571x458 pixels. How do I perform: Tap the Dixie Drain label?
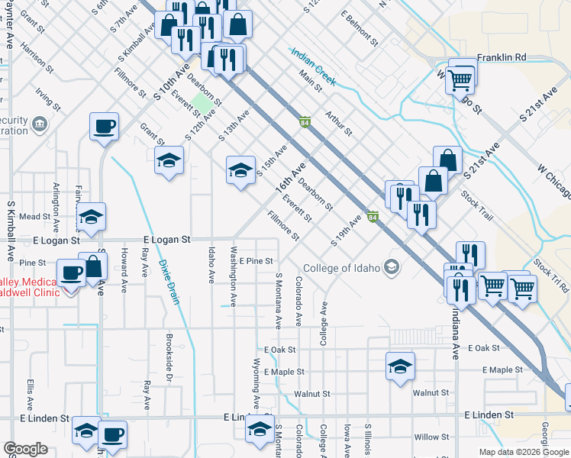tap(169, 282)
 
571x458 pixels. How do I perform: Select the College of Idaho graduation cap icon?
tap(392, 266)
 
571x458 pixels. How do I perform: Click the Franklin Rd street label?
tap(502, 57)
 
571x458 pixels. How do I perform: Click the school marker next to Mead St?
tap(91, 217)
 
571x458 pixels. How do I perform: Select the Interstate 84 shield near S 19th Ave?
tap(373, 218)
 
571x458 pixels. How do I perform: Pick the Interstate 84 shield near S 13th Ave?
tap(305, 122)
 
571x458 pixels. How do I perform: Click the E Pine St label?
tap(256, 261)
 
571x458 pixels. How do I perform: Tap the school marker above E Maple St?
tap(400, 366)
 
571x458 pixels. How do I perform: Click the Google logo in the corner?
tap(25, 449)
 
